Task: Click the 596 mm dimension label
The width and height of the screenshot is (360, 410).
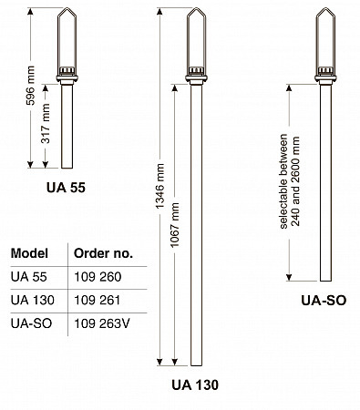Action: tap(30, 86)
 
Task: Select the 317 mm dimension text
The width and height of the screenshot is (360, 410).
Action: tap(46, 124)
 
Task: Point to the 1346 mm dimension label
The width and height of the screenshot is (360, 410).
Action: tap(159, 186)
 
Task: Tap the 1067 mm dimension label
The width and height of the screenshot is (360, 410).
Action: tap(175, 225)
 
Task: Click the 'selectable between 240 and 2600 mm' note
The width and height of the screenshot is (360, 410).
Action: tap(290, 181)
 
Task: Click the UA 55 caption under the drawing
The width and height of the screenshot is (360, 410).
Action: tap(66, 188)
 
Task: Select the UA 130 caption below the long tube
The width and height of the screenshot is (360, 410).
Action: tap(195, 384)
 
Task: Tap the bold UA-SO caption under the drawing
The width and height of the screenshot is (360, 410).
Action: tap(324, 300)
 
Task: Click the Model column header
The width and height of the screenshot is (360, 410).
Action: tap(29, 253)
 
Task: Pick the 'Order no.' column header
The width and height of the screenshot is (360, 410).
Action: tap(104, 253)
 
